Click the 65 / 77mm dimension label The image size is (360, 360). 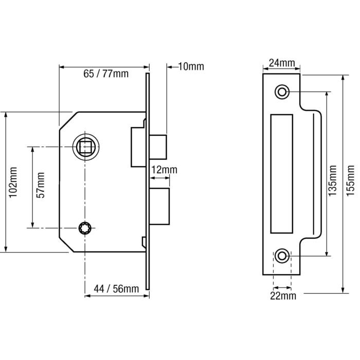[105, 74]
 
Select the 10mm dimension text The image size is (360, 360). [190, 66]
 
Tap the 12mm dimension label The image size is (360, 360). [164, 170]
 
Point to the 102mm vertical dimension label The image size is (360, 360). [13, 182]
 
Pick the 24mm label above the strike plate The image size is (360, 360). [282, 64]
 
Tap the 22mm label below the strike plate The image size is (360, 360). [282, 296]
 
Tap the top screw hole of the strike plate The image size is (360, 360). [282, 92]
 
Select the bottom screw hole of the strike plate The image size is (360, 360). [282, 255]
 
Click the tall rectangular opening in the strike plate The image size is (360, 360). [282, 173]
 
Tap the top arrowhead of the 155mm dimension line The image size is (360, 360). [343, 76]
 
